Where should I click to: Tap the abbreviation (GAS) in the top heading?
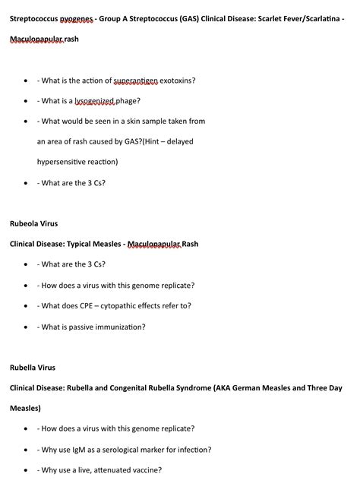coord(187,17)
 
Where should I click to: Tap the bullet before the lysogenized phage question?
coord(27,101)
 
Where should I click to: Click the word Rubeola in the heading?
coord(25,223)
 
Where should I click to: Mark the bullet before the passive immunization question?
coord(27,327)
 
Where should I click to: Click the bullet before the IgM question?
coord(27,450)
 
